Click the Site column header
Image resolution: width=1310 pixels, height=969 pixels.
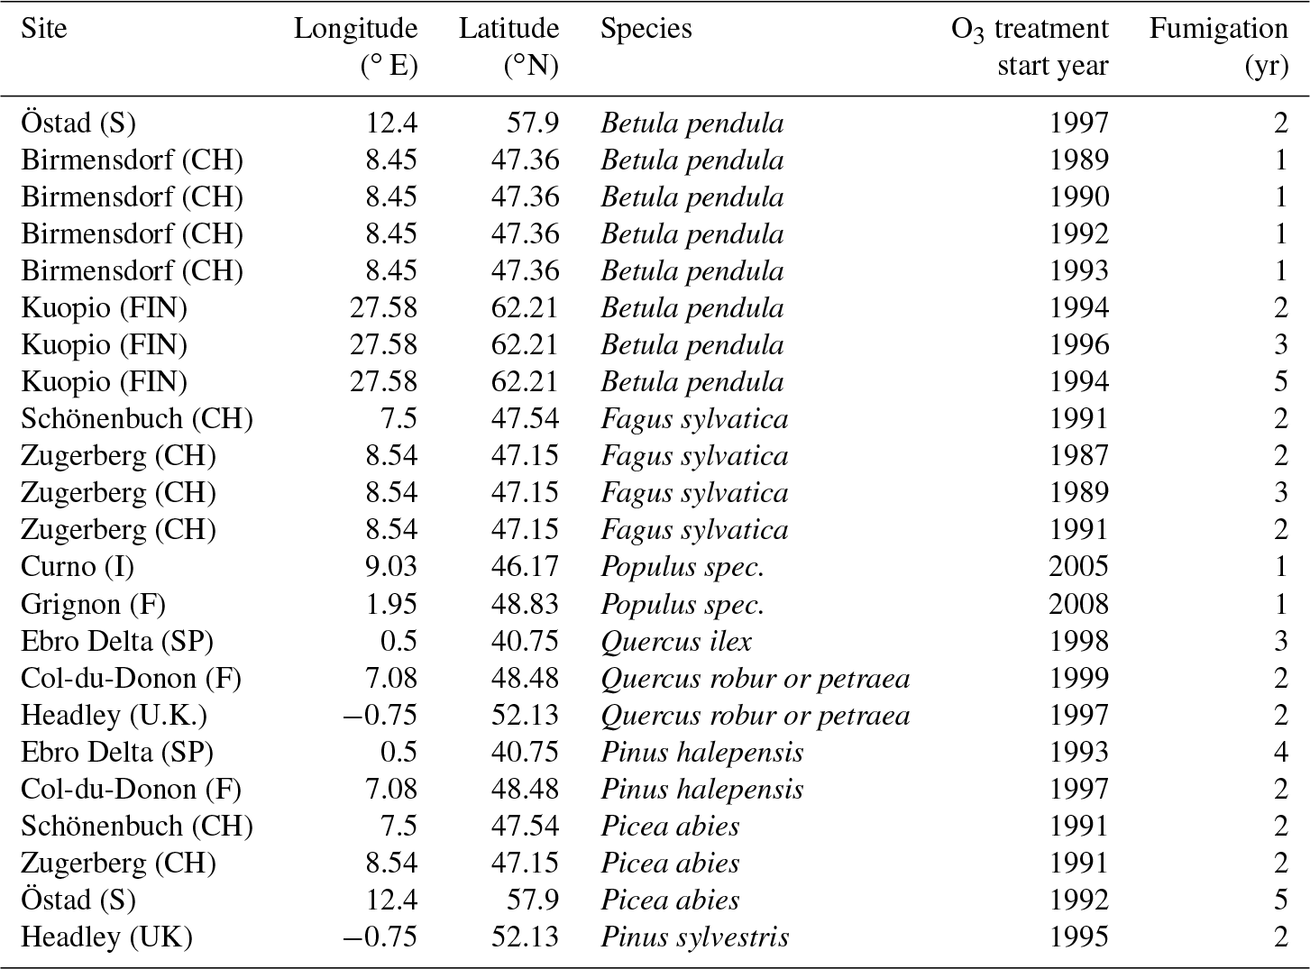coord(44,29)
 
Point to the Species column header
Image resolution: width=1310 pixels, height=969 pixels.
coord(646,29)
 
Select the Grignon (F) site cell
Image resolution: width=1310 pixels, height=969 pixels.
coord(93,604)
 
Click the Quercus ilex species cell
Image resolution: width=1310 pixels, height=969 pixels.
coord(676,641)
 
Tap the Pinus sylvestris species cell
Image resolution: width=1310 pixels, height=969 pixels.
coord(694,937)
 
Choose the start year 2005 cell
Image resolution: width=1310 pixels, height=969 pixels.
coord(1078,567)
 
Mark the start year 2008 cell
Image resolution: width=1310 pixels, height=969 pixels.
coord(1078,604)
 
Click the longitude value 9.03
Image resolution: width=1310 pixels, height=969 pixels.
coord(391,567)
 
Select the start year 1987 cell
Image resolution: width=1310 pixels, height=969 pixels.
coord(1078,456)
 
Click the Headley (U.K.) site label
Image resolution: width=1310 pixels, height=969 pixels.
coord(114,716)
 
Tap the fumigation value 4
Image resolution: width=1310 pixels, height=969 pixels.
coord(1280,753)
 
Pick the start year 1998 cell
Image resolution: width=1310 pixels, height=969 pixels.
coord(1078,641)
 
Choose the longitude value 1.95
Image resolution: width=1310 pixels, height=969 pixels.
coord(391,604)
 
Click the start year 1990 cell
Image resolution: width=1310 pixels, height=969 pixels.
coord(1078,197)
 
